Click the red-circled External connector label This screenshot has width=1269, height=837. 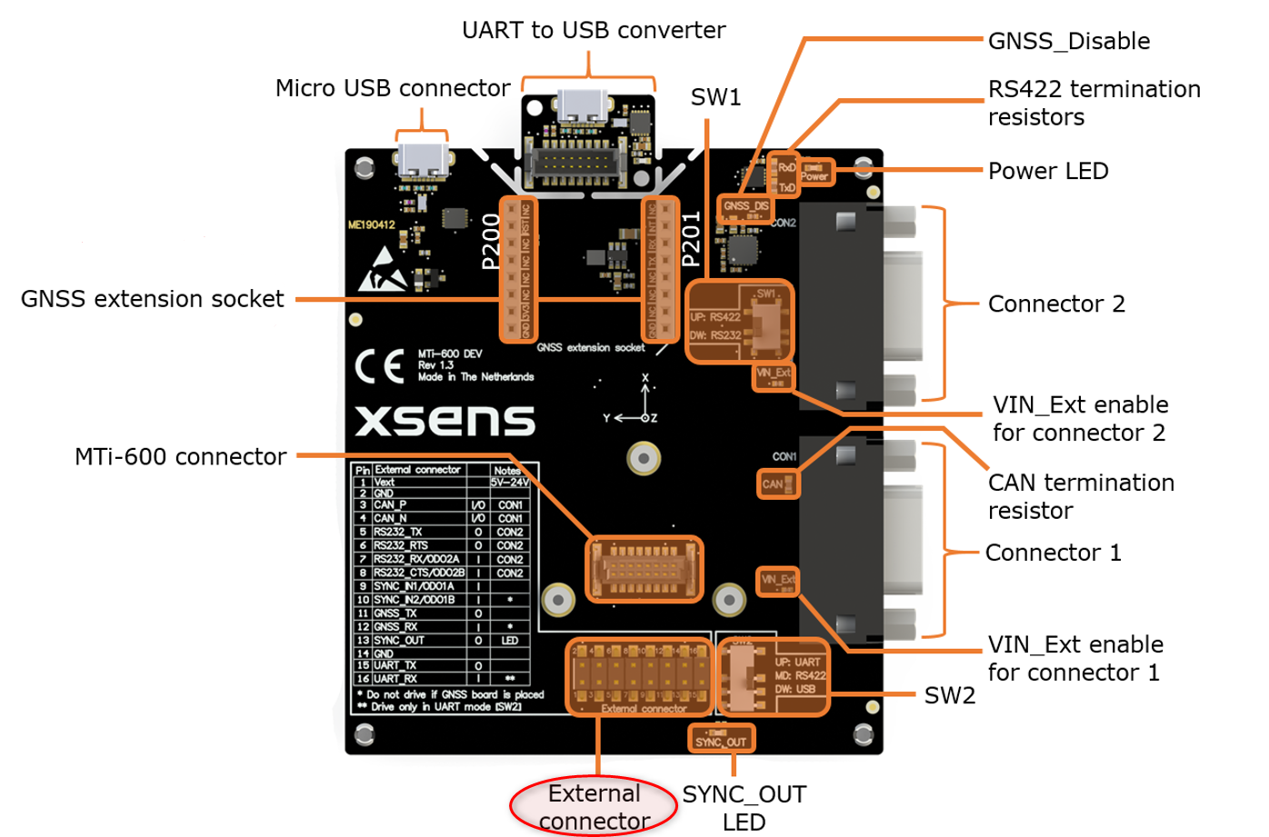click(595, 806)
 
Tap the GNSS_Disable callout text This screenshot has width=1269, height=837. click(1068, 41)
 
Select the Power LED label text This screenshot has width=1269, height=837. click(1047, 171)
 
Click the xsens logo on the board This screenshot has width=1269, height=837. click(445, 420)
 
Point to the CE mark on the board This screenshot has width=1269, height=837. click(379, 366)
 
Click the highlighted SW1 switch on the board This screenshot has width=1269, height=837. click(738, 322)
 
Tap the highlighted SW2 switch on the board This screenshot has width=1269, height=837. click(773, 676)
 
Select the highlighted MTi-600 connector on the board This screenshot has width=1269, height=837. click(644, 569)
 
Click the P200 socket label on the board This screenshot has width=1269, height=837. click(491, 242)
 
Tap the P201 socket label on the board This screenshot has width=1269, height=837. click(691, 239)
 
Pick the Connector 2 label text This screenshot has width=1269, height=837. click(1056, 304)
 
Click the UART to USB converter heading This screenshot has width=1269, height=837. click(594, 30)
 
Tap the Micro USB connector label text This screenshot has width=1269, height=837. click(393, 88)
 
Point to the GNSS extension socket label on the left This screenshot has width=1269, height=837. click(152, 299)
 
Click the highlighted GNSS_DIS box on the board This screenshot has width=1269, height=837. click(745, 207)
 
